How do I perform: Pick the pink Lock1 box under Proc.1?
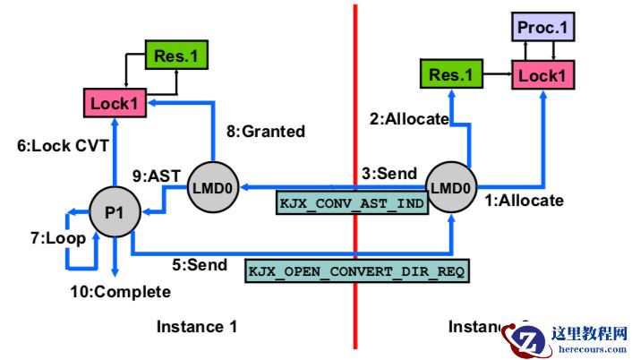click(542, 76)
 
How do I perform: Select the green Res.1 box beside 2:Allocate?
click(450, 75)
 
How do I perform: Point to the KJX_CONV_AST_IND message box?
click(351, 202)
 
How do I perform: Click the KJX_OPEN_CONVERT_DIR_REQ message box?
click(355, 270)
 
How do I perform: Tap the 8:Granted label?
click(265, 131)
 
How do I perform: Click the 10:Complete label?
click(121, 291)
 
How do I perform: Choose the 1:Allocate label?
click(525, 200)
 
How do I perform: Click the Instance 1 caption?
click(197, 327)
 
